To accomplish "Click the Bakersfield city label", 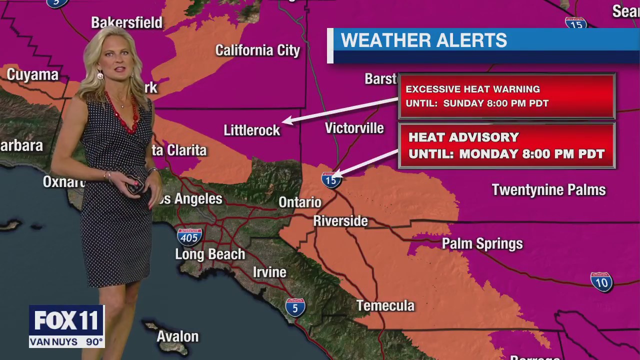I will (126, 22).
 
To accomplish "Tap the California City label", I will (257, 50).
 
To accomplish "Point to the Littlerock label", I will (251, 130).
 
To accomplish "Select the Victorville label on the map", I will (354, 128).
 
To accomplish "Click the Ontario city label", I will (299, 202).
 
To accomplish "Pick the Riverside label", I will (340, 221).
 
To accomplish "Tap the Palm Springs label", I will (482, 244).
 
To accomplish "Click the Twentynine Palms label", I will (548, 190).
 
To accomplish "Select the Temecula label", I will (385, 305).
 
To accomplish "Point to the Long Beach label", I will (210, 254).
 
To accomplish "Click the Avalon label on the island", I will (177, 336).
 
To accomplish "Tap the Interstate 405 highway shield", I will (189, 236).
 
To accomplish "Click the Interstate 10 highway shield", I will (601, 281).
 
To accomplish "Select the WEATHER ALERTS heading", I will (423, 40).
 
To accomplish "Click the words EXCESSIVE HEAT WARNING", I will (472, 89).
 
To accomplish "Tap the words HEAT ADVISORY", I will (463, 137).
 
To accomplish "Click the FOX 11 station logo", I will (66, 320).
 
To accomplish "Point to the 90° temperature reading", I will (94, 342).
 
